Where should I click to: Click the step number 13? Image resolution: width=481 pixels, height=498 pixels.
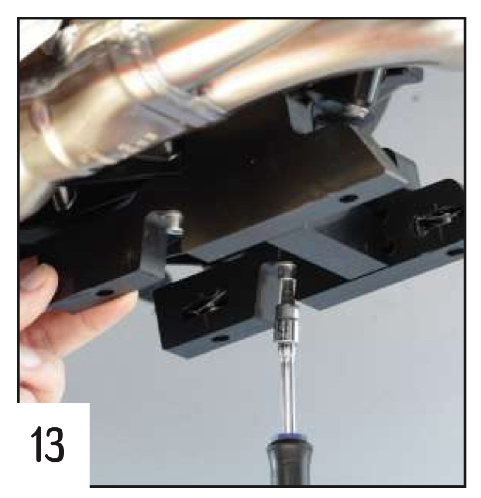click(x=48, y=445)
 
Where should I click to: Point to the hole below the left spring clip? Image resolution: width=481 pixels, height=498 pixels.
click(x=220, y=339)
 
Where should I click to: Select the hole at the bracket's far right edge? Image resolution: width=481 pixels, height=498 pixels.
click(x=455, y=252)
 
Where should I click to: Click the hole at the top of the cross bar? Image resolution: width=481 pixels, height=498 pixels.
click(x=348, y=199)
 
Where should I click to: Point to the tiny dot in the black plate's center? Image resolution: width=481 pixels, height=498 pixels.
click(x=251, y=161)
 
